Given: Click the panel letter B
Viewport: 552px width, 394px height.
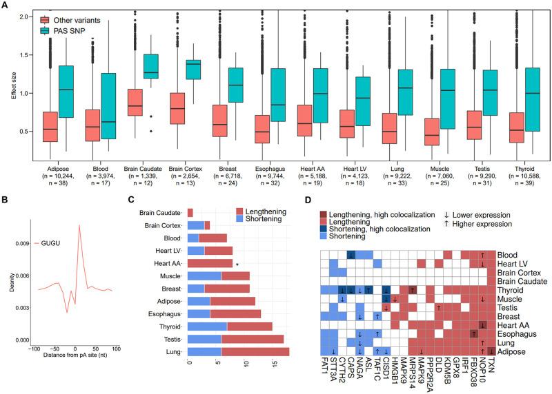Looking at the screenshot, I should (x=5, y=203).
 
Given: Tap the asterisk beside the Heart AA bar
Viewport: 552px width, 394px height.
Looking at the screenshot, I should (x=237, y=263).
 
